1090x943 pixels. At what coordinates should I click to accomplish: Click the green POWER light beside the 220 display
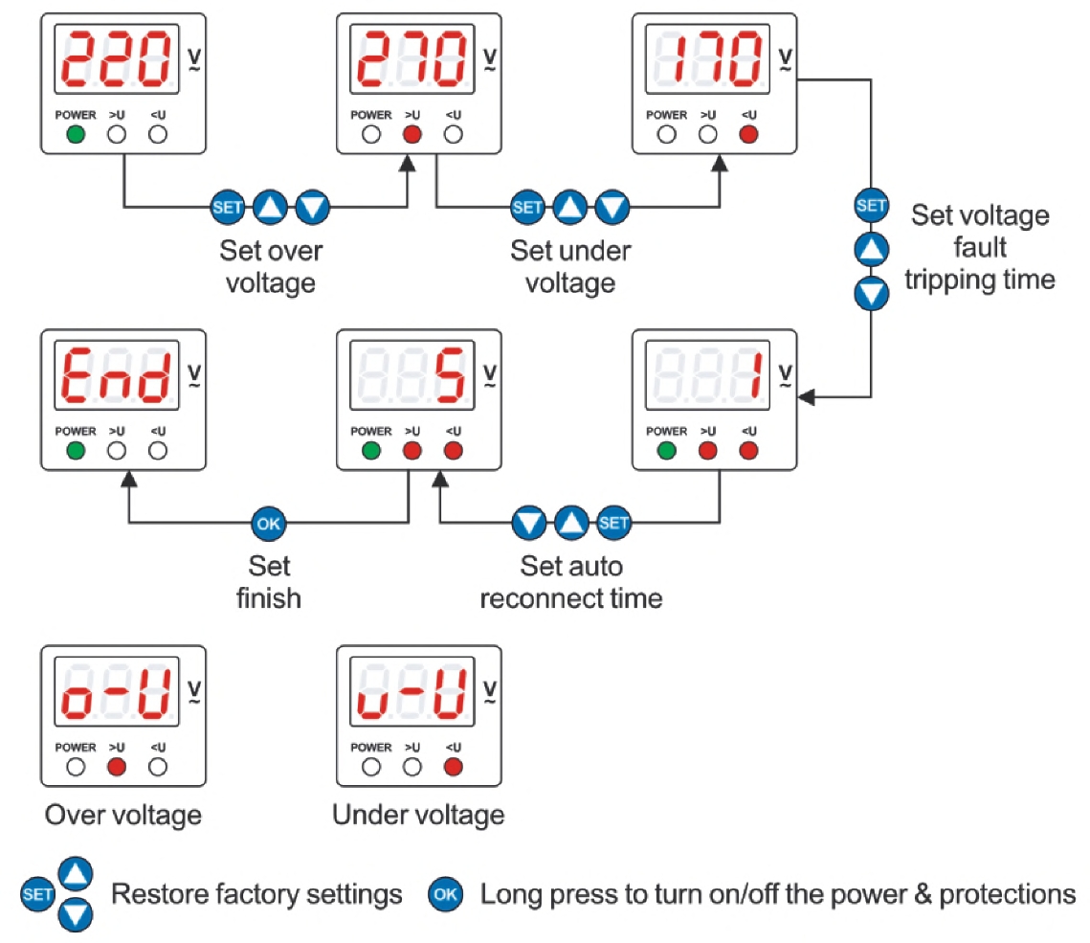coord(76,135)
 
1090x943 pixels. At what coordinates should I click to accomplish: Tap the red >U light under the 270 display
coord(412,135)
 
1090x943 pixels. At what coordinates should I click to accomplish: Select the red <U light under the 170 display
coord(749,135)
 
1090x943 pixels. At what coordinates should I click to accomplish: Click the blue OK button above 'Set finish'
coord(268,524)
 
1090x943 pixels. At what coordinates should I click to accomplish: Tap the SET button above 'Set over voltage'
coord(228,207)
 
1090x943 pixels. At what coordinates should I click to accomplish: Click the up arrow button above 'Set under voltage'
coord(570,207)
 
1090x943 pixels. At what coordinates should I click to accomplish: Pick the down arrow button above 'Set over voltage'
coord(312,207)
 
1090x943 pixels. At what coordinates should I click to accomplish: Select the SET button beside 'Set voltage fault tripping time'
coord(871,206)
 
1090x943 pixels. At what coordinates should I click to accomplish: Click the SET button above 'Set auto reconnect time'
coord(613,524)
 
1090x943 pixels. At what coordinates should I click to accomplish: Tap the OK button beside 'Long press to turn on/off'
coord(446,896)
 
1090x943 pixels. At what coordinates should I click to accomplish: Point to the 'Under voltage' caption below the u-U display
coord(418,816)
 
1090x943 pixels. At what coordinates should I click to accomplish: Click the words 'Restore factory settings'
coord(256,895)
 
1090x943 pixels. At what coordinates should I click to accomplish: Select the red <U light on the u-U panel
coord(454,767)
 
